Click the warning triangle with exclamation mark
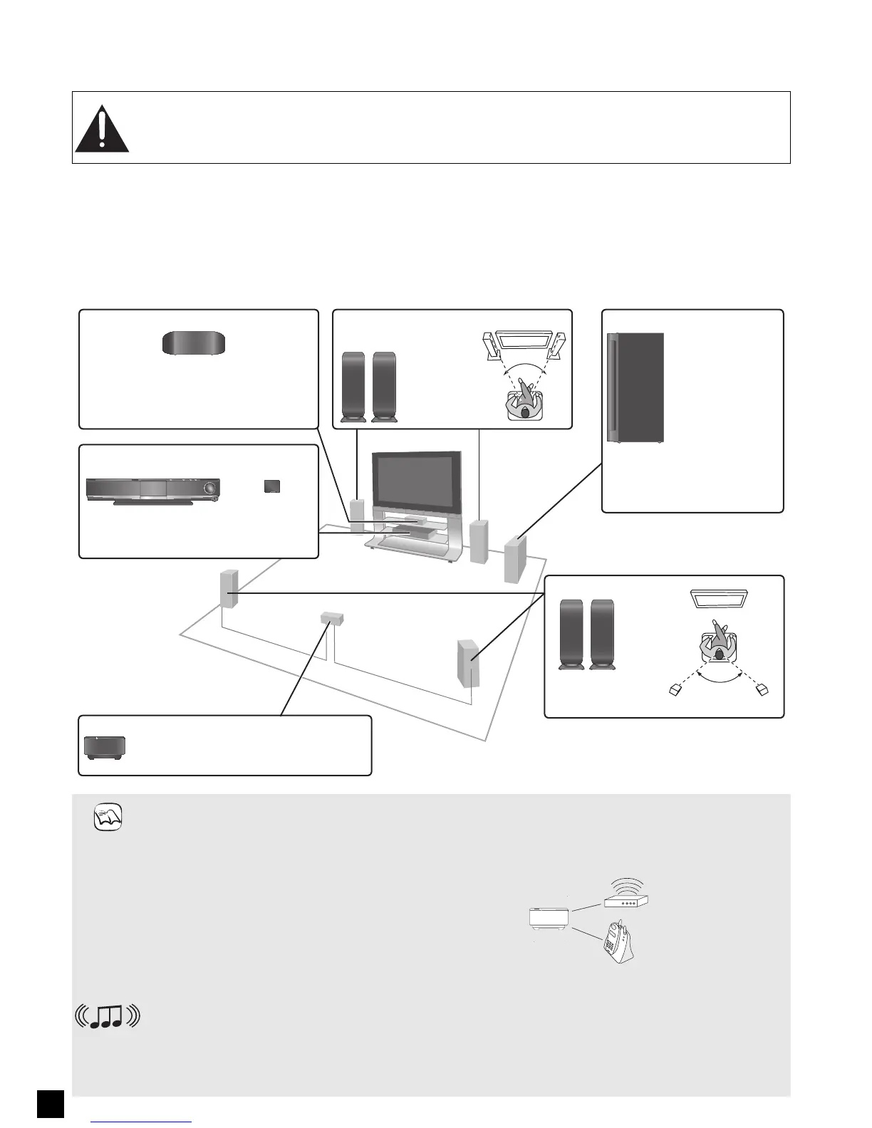(x=102, y=130)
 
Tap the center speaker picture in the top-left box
(x=194, y=343)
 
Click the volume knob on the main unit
(x=209, y=488)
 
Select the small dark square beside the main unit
(x=271, y=486)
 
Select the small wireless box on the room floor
(x=331, y=617)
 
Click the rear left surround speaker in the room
(x=229, y=590)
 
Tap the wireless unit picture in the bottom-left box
(x=105, y=746)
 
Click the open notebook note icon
(x=108, y=817)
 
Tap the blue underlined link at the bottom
(x=142, y=1122)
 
